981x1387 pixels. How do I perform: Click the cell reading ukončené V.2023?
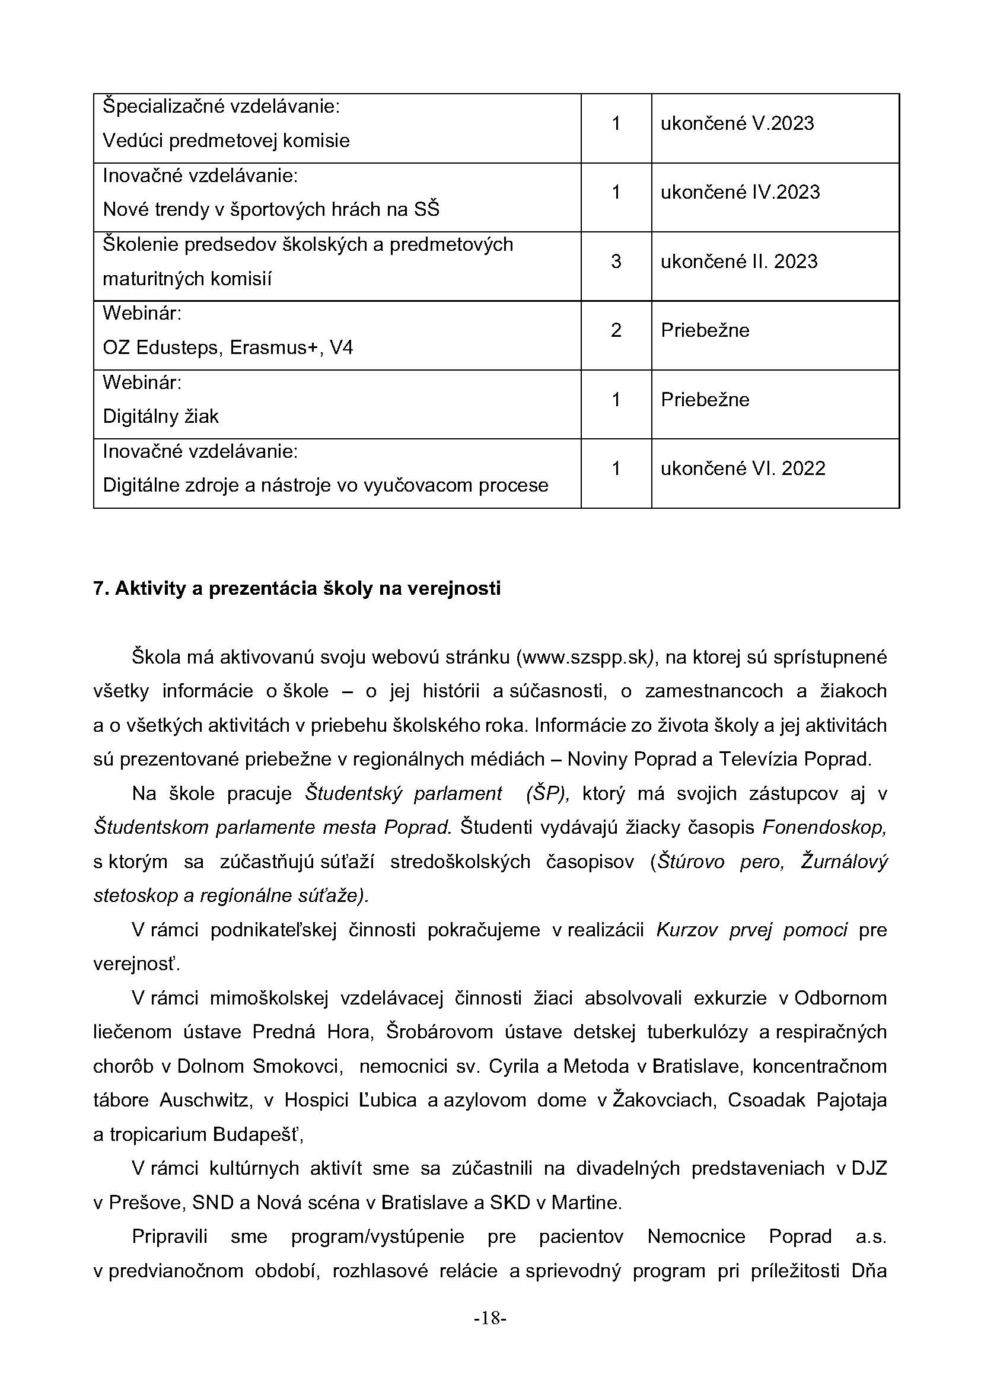pyautogui.click(x=737, y=123)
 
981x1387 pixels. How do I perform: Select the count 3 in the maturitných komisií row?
pyautogui.click(x=616, y=262)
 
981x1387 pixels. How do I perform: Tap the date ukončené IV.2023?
pyautogui.click(x=740, y=192)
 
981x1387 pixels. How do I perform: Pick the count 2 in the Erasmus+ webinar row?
pyautogui.click(x=616, y=330)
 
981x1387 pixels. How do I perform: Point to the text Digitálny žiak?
pyautogui.click(x=161, y=416)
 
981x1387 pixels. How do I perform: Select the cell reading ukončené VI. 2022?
pyautogui.click(x=743, y=469)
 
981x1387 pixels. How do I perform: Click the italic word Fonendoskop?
pyautogui.click(x=824, y=827)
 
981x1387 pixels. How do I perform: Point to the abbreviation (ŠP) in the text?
pyautogui.click(x=547, y=793)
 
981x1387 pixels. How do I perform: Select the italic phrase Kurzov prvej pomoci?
pyautogui.click(x=751, y=930)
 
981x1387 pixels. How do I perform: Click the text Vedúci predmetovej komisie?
pyautogui.click(x=226, y=141)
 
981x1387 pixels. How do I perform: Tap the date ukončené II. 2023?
pyautogui.click(x=739, y=262)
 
